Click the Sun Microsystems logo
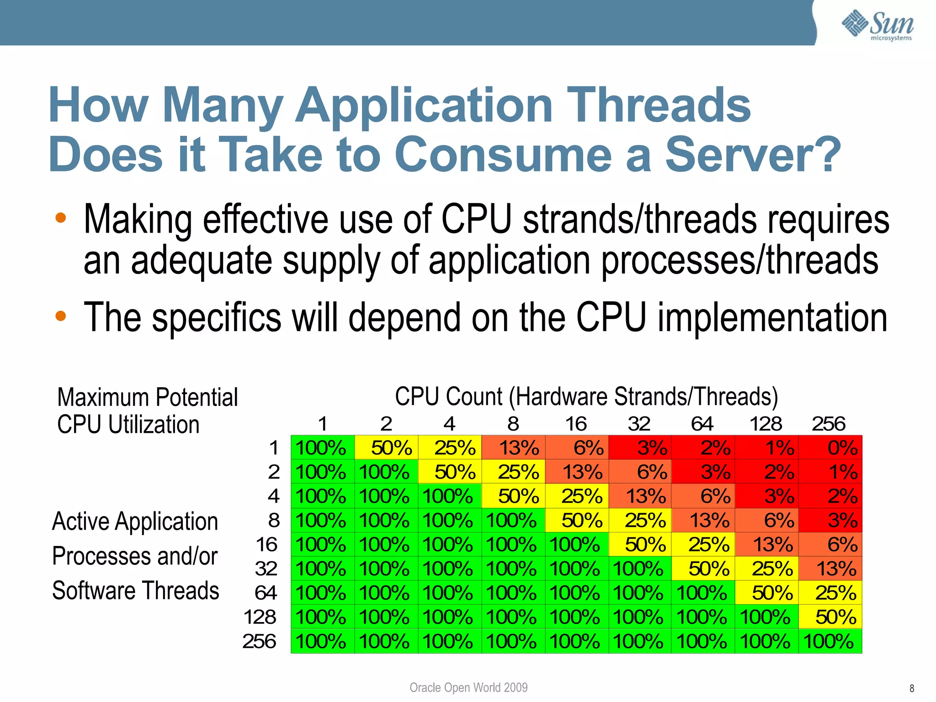877,26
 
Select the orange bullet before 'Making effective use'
61,218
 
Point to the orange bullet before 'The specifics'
61,315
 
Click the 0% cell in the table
830,447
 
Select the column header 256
828,424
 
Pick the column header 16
576,424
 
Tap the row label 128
260,617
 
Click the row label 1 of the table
274,447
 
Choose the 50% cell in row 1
386,447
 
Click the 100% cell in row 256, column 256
830,641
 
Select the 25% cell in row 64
830,593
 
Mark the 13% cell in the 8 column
513,447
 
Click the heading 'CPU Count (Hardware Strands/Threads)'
586,396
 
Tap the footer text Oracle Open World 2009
468,687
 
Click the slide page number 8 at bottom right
911,688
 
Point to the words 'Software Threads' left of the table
136,590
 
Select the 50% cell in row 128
830,617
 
